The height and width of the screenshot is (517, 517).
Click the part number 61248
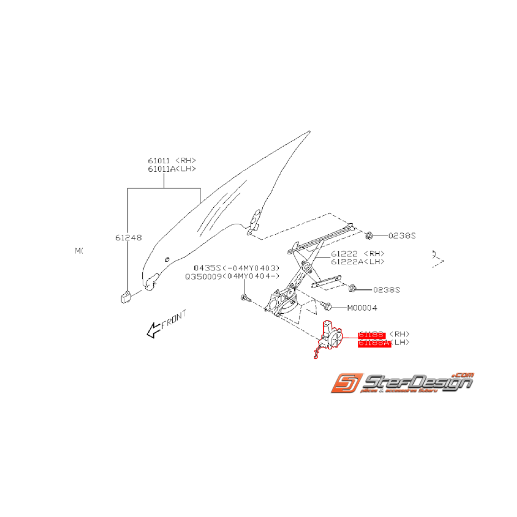[x=128, y=238]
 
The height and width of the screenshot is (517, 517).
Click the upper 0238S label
[x=401, y=235]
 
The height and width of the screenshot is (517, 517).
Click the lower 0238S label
[x=387, y=290]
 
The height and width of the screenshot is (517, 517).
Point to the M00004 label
[x=362, y=308]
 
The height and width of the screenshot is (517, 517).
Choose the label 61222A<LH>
[x=358, y=262]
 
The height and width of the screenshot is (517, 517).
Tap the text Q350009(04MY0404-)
[x=233, y=276]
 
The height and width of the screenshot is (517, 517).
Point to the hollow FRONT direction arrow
[x=152, y=331]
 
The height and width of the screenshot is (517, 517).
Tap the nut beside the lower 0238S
[x=352, y=289]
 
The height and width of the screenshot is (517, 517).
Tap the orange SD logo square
[x=345, y=384]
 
